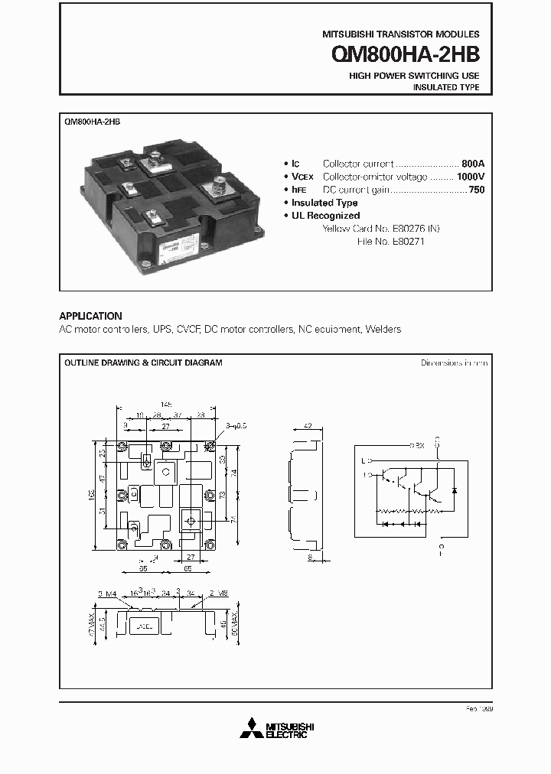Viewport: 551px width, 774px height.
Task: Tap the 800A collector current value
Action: pyautogui.click(x=473, y=164)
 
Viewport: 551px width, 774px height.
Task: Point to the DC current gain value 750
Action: pyautogui.click(x=476, y=190)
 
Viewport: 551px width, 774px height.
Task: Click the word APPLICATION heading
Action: pyautogui.click(x=90, y=316)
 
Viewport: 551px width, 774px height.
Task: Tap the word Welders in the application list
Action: pyautogui.click(x=383, y=329)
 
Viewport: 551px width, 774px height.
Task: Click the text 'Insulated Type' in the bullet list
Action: pyautogui.click(x=324, y=203)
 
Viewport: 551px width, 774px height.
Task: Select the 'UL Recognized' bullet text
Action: pyautogui.click(x=325, y=216)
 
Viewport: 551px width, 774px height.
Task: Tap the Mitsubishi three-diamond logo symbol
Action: pyautogui.click(x=250, y=729)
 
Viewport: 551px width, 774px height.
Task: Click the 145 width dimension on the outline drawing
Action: pyautogui.click(x=167, y=404)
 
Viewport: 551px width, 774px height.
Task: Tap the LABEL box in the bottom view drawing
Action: pyautogui.click(x=146, y=625)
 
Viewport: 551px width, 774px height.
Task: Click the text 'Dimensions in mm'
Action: pyautogui.click(x=454, y=363)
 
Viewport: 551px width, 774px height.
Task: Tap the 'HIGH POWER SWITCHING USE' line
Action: pyautogui.click(x=414, y=76)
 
